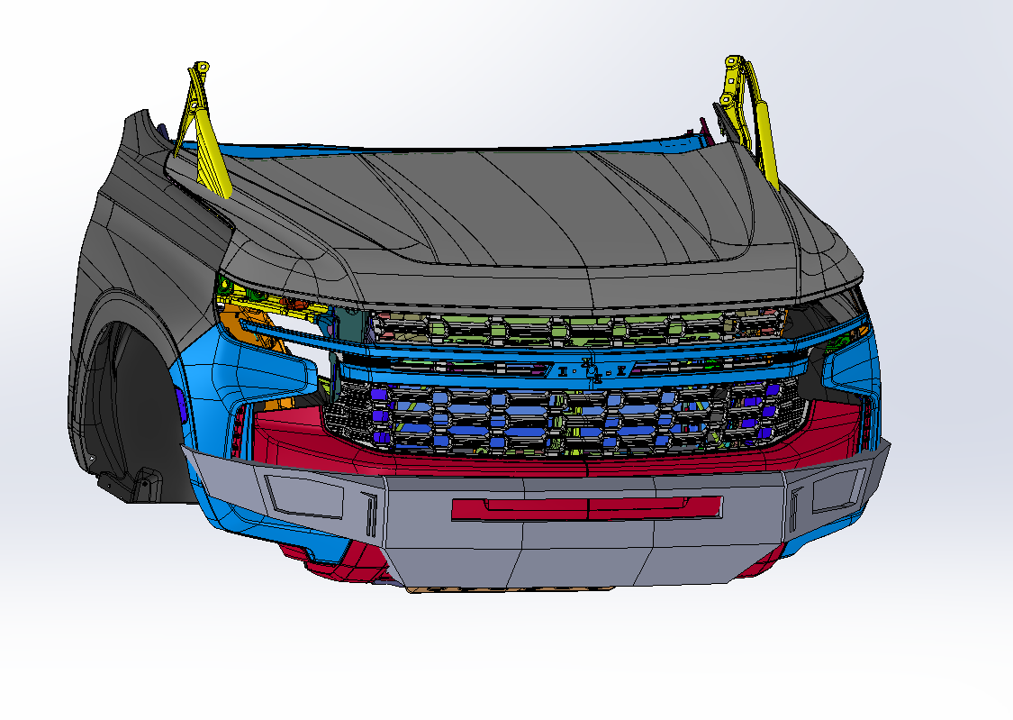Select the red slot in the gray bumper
[x=586, y=507]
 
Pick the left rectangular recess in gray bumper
[x=305, y=496]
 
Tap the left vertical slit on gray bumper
[x=368, y=515]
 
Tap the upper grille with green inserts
[x=576, y=328]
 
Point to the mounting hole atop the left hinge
[x=203, y=67]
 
